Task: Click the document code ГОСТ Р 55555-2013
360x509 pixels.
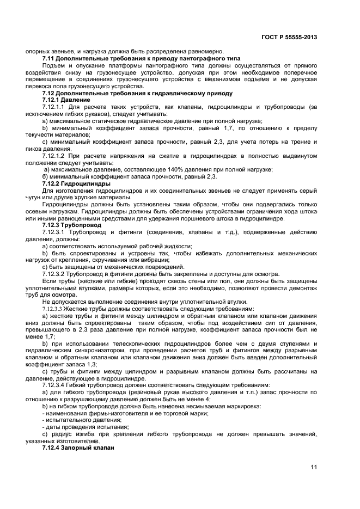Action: click(290, 38)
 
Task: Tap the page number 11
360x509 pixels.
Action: click(314, 467)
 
